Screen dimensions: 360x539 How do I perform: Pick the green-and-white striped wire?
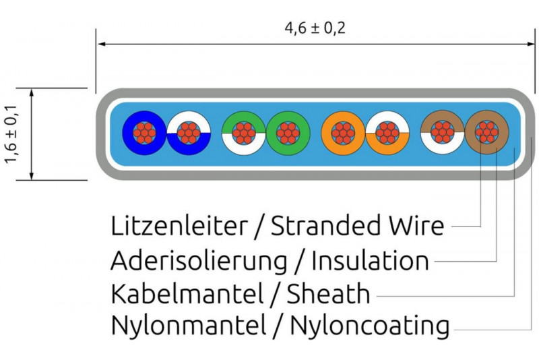point(243,133)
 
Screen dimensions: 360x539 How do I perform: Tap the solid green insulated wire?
point(288,133)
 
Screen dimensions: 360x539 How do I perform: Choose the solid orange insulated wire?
point(343,133)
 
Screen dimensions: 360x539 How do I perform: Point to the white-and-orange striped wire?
point(387,133)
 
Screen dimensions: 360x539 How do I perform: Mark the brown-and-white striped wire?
point(442,133)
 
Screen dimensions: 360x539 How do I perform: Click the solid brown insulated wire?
point(486,133)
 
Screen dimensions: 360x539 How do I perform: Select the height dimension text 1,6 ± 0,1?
point(11,134)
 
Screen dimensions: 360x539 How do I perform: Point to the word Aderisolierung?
point(200,260)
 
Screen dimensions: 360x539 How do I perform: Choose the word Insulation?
point(370,260)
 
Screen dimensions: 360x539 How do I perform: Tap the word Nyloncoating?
point(370,327)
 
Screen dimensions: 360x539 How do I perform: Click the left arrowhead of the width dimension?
point(101,44)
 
